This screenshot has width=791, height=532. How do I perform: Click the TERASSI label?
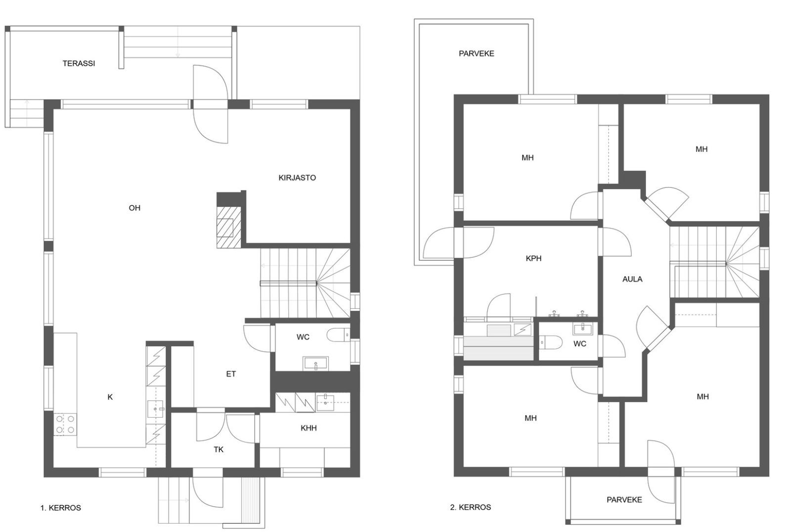[79, 64]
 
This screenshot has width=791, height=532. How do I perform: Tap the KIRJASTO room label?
[297, 178]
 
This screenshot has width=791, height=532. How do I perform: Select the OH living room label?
[134, 208]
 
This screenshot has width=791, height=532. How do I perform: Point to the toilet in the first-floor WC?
[338, 335]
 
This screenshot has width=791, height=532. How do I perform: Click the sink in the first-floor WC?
[315, 363]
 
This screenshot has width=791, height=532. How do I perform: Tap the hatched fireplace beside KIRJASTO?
[229, 227]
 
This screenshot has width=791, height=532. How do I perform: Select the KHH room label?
[308, 428]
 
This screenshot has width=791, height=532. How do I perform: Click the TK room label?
[219, 450]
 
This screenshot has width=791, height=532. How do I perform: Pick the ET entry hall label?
[231, 374]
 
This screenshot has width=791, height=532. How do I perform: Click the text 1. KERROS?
[61, 508]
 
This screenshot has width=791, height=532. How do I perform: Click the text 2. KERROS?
[470, 507]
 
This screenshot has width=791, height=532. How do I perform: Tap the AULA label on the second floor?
[632, 279]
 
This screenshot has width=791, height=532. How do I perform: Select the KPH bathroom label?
[533, 258]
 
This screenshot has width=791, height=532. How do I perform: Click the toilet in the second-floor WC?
[551, 342]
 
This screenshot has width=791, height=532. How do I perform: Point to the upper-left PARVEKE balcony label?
[477, 54]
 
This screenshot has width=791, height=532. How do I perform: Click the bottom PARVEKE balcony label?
[624, 500]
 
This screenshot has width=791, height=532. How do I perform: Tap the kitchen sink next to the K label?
[155, 409]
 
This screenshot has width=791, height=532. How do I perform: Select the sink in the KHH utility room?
[325, 403]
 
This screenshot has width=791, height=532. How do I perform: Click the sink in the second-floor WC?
[583, 329]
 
